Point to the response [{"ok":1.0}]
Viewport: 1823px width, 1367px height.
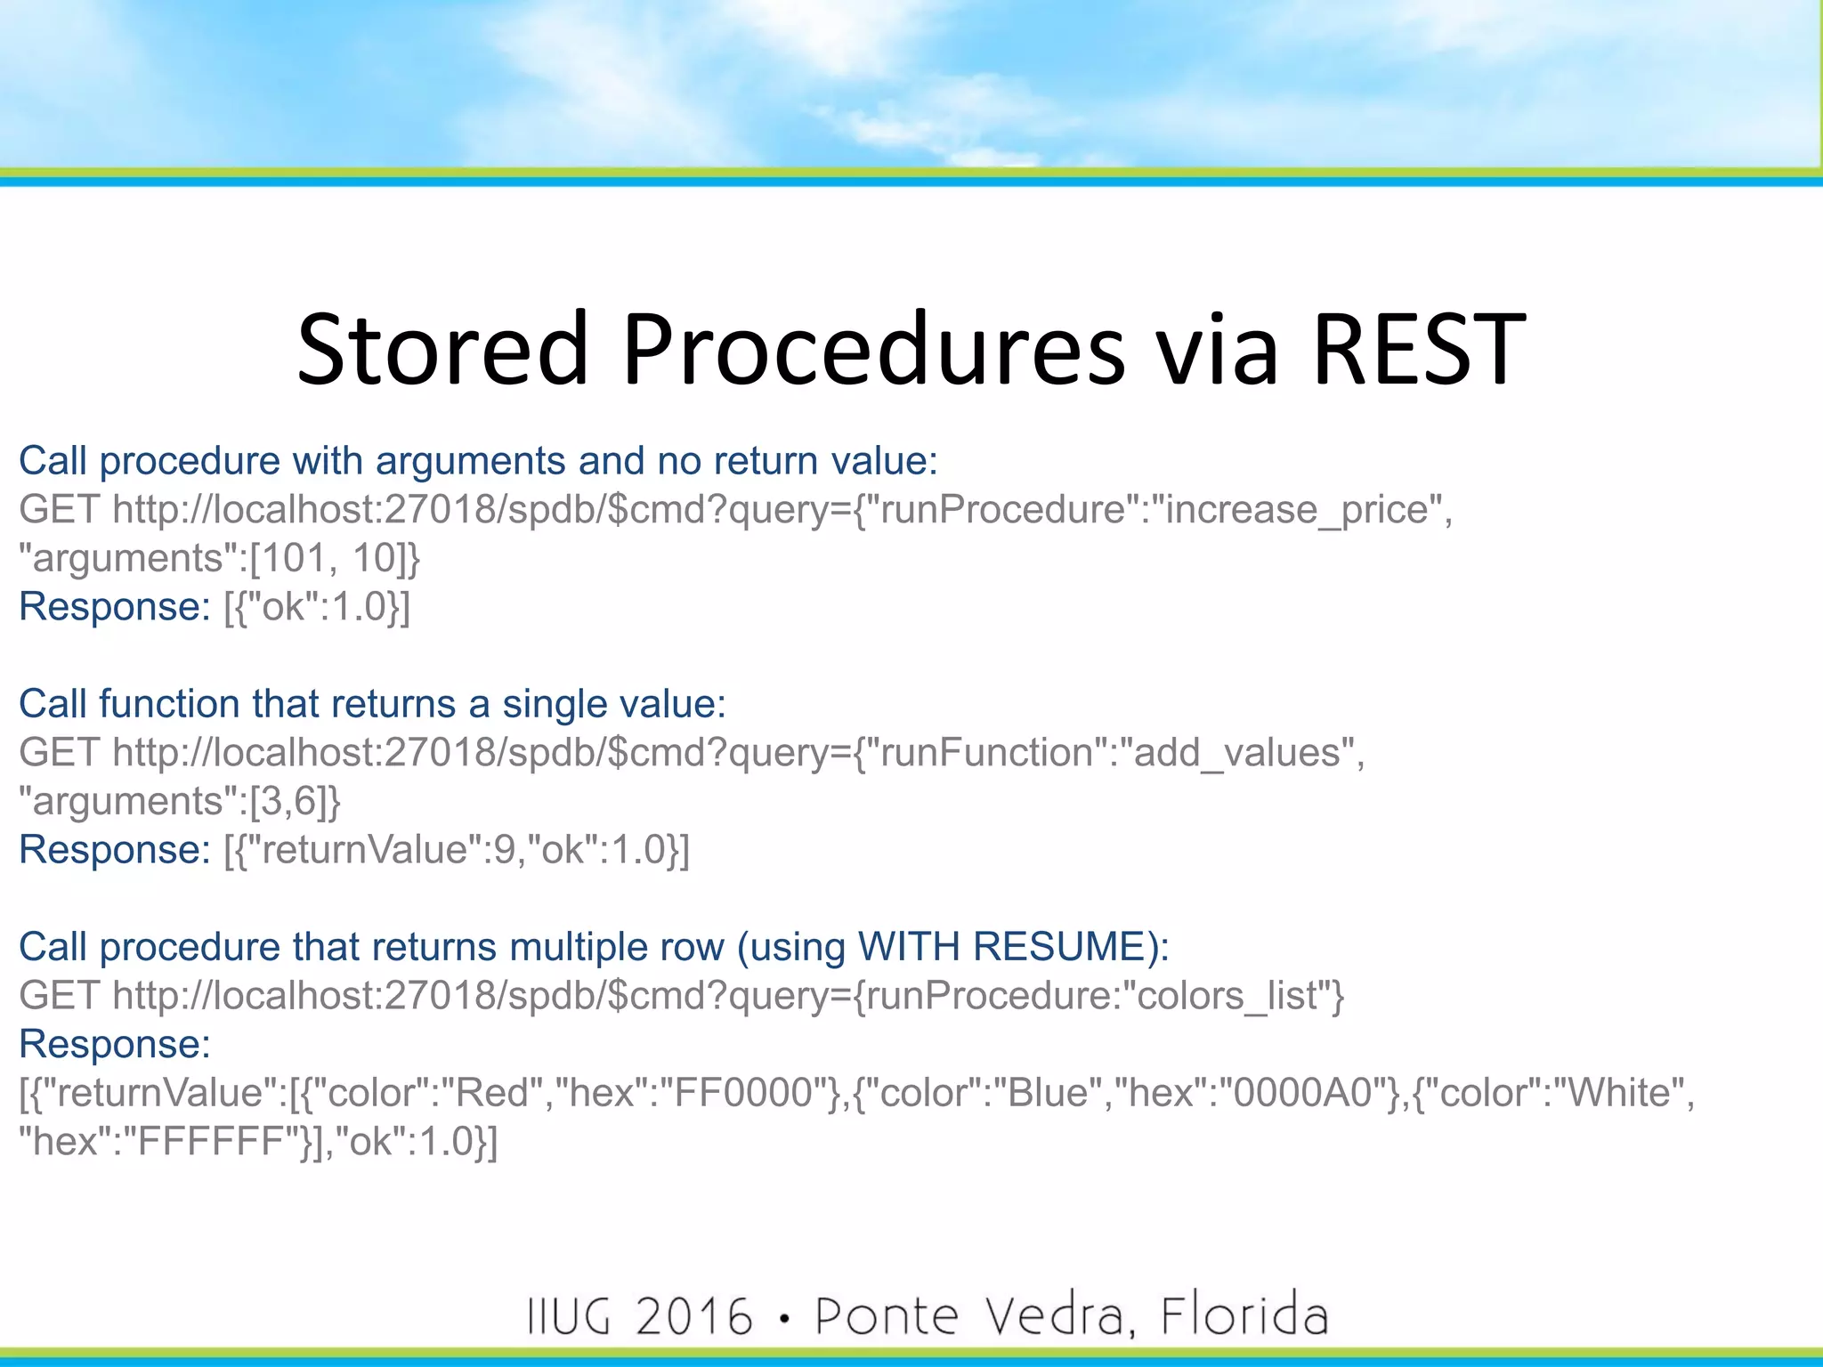point(317,607)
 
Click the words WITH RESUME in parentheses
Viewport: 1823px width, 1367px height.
point(1001,947)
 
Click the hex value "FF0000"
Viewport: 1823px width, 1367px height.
point(742,1093)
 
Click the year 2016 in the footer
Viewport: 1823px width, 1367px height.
point(694,1316)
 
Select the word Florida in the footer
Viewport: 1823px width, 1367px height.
point(1244,1316)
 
